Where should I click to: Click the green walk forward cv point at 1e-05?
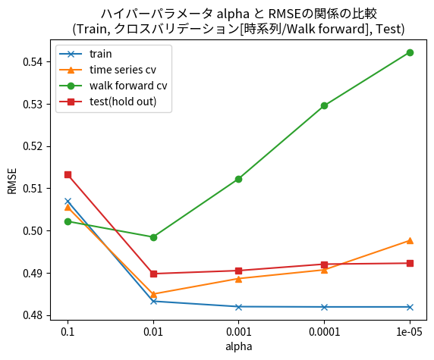[410, 52]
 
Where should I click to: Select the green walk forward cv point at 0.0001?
[325, 105]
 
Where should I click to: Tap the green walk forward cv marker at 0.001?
[239, 179]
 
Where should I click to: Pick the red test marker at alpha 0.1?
[68, 174]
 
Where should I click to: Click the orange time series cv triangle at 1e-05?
[410, 240]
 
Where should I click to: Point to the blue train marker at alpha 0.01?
[153, 301]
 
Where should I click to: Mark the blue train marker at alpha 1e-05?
[410, 307]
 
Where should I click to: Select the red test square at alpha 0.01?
[153, 274]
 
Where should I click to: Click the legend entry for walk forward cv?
[127, 86]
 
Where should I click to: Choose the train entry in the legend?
[100, 55]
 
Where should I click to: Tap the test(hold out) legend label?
[122, 102]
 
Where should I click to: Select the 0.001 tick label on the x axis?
[239, 332]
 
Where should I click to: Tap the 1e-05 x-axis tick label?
[410, 332]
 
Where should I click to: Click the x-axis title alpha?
[239, 346]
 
